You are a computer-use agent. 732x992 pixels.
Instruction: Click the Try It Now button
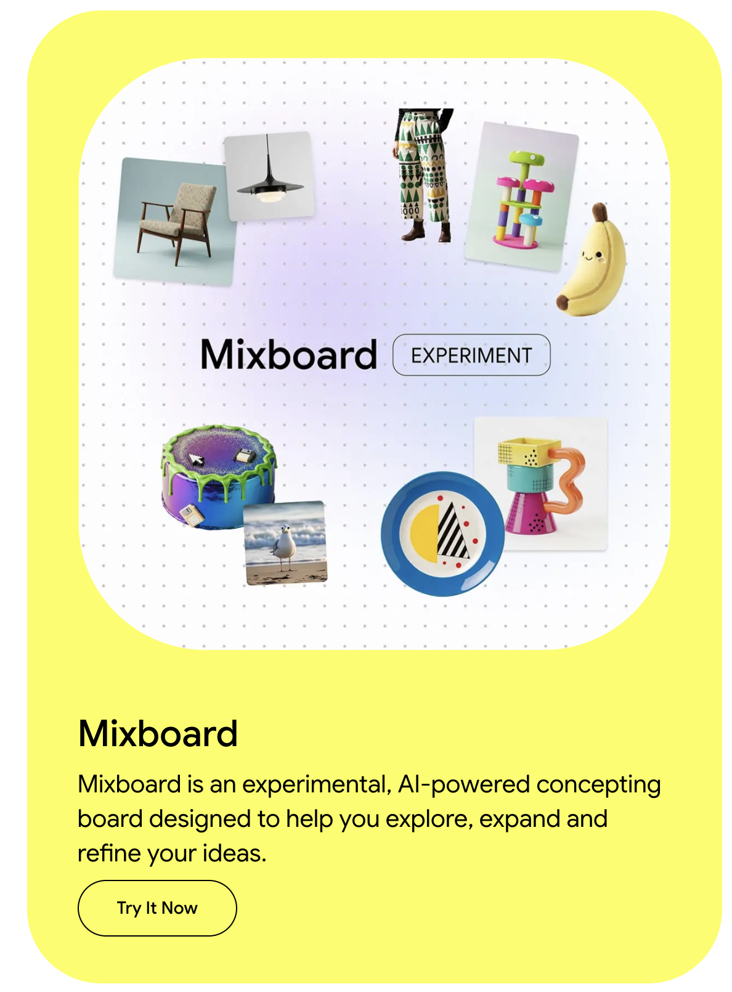tap(157, 908)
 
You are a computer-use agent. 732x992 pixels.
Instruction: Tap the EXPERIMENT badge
tap(471, 355)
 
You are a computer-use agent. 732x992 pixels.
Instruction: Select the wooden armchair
tap(177, 222)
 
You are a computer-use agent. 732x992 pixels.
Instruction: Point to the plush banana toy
tap(592, 265)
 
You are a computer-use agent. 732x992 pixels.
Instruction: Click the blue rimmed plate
tap(441, 534)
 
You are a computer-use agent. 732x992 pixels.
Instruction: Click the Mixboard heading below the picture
tap(158, 733)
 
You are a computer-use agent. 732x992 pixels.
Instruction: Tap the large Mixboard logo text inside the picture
tap(288, 355)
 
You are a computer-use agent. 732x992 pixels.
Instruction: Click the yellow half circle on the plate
tap(423, 533)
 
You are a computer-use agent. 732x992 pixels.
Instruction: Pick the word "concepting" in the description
tap(598, 784)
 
